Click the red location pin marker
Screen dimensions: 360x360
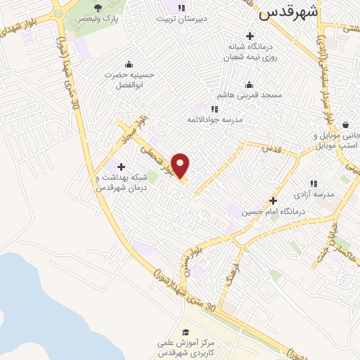[x=181, y=165]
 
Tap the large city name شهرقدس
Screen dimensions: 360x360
[x=288, y=12]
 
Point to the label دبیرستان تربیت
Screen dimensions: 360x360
[x=181, y=20]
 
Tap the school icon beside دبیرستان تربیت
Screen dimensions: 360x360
[x=181, y=8]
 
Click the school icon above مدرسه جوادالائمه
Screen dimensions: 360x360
[x=214, y=109]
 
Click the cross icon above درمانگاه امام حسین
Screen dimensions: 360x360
[x=273, y=200]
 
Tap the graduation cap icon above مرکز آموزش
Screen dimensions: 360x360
[x=185, y=332]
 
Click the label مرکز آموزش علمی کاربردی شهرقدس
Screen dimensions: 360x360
[x=185, y=346]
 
